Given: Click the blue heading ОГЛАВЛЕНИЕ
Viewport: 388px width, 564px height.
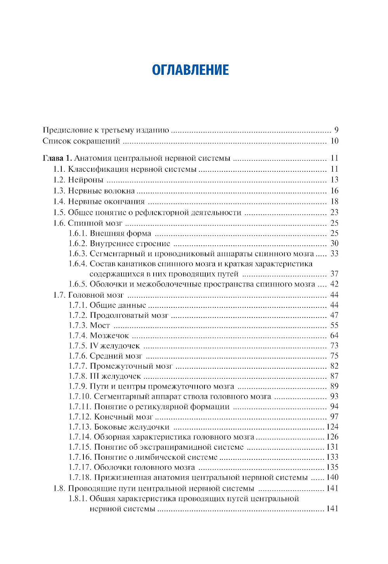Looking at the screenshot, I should pyautogui.click(x=190, y=70).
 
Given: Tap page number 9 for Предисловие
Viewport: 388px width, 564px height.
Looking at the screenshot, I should pyautogui.click(x=336, y=130).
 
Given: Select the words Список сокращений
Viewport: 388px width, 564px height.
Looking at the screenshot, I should pyautogui.click(x=81, y=141).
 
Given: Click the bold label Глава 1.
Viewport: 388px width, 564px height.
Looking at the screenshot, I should pyautogui.click(x=57, y=158).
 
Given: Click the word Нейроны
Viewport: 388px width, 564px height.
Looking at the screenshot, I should pyautogui.click(x=86, y=180).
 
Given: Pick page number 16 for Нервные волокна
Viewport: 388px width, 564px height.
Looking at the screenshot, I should pyautogui.click(x=334, y=191).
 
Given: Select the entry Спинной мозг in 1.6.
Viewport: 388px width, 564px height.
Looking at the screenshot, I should pyautogui.click(x=95, y=223).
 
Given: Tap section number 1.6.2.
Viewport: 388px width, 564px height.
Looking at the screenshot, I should pyautogui.click(x=78, y=243).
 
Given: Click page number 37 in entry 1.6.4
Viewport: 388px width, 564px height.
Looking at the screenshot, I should pyautogui.click(x=334, y=274).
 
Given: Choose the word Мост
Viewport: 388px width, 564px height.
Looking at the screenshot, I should pyautogui.click(x=100, y=326).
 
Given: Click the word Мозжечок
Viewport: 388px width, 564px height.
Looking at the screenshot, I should pyautogui.click(x=109, y=336).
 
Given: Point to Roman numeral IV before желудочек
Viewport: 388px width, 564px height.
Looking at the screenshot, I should pyautogui.click(x=94, y=346).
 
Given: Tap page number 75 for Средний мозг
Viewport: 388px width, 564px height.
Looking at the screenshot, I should pyautogui.click(x=334, y=356).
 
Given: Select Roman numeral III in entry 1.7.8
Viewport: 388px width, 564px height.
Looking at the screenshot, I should pyautogui.click(x=95, y=376).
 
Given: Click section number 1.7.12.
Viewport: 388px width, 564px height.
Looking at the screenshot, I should pyautogui.click(x=80, y=417).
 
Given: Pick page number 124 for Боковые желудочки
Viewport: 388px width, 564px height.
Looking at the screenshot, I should pyautogui.click(x=332, y=427).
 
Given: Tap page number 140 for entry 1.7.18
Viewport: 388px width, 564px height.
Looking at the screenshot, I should pyautogui.click(x=332, y=477).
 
